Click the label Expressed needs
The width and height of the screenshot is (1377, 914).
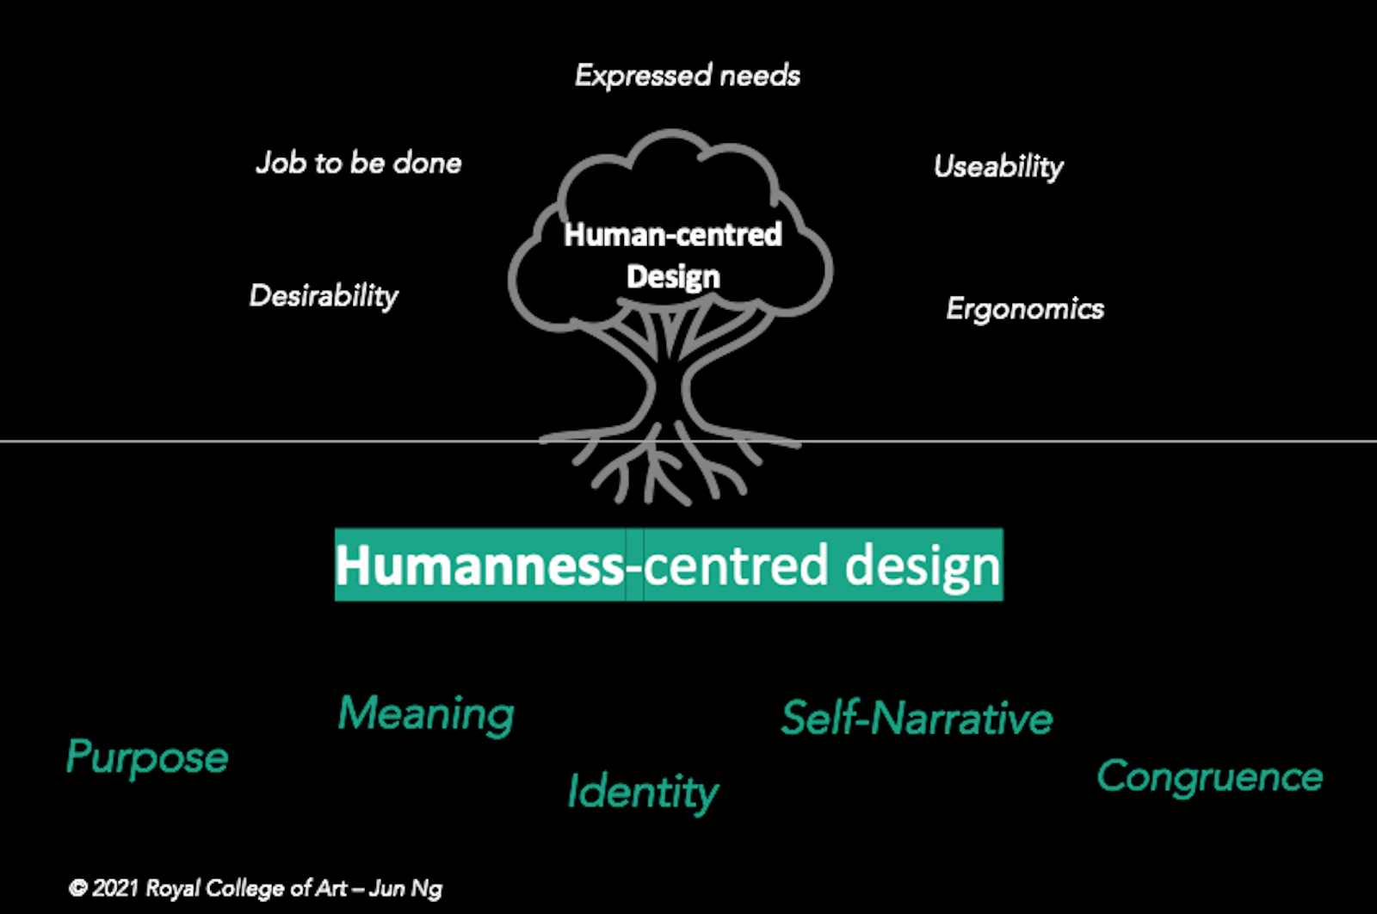[687, 76]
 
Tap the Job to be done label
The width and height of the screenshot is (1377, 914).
[358, 163]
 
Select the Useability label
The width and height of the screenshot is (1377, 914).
[998, 166]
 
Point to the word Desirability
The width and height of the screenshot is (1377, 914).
[324, 296]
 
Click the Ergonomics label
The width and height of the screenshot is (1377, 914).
[1024, 308]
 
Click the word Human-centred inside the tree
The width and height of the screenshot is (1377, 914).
[673, 234]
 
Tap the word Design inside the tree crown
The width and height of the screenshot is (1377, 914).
[673, 276]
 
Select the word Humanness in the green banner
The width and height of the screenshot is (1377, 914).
[479, 565]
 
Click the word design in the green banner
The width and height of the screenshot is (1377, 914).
[923, 565]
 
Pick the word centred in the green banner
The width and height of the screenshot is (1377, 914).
[737, 565]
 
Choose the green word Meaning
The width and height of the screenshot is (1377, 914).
[426, 714]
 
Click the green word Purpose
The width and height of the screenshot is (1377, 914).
[147, 758]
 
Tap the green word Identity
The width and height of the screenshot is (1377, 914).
[642, 792]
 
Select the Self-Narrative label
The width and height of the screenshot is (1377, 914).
[917, 718]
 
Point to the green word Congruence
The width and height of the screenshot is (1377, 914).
[1209, 776]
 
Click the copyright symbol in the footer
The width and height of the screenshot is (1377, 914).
[78, 888]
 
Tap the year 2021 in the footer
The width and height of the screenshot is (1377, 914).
[114, 888]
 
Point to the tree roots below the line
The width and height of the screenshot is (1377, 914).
[658, 473]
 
